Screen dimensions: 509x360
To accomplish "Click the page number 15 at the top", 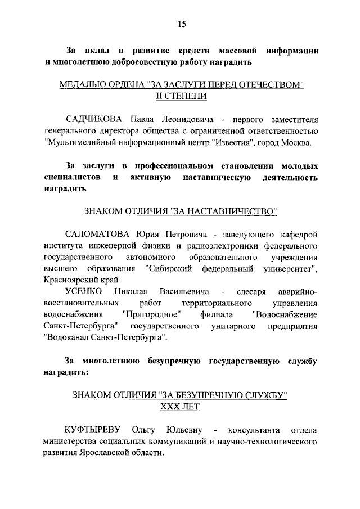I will [181, 24].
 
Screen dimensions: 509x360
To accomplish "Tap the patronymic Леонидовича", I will [186, 119].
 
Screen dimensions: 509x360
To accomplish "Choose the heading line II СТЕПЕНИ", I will [181, 96].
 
